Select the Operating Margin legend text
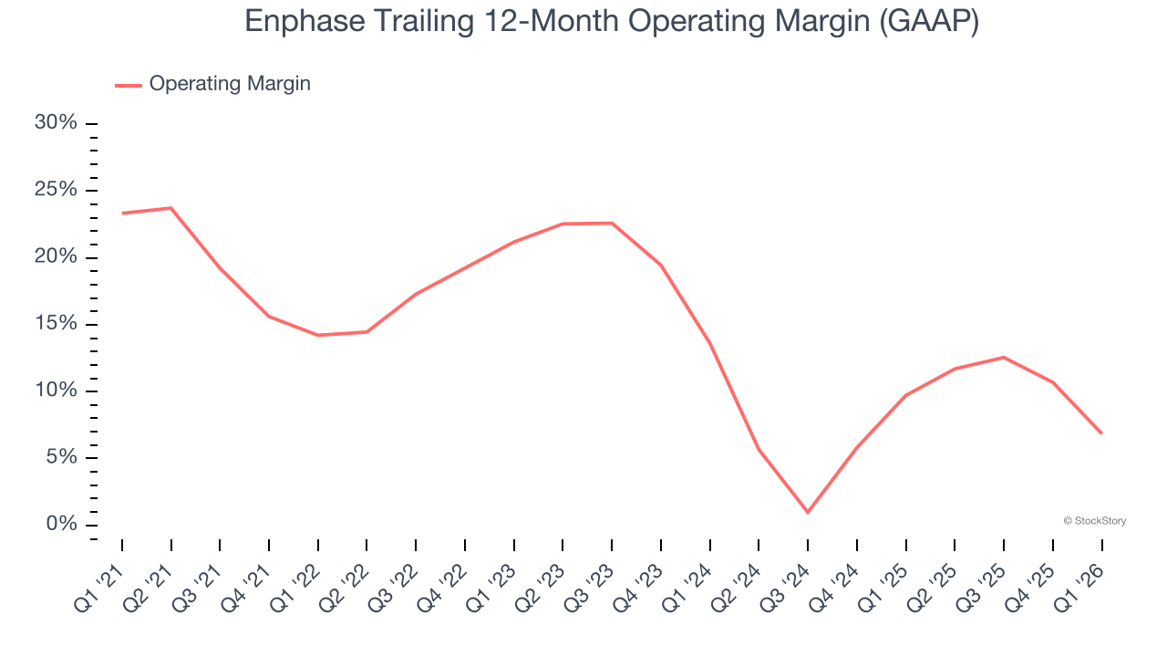click(x=230, y=84)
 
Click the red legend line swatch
click(x=129, y=85)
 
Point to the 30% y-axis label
click(x=56, y=123)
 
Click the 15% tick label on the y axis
click(x=56, y=324)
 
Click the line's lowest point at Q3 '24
click(x=808, y=512)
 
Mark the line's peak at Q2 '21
click(x=171, y=208)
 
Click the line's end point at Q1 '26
click(x=1101, y=433)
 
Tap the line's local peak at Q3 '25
click(x=1004, y=357)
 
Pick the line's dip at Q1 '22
click(x=318, y=335)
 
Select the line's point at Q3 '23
click(x=612, y=223)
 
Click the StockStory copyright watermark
click(x=1094, y=521)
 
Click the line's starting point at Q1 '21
click(x=122, y=214)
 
